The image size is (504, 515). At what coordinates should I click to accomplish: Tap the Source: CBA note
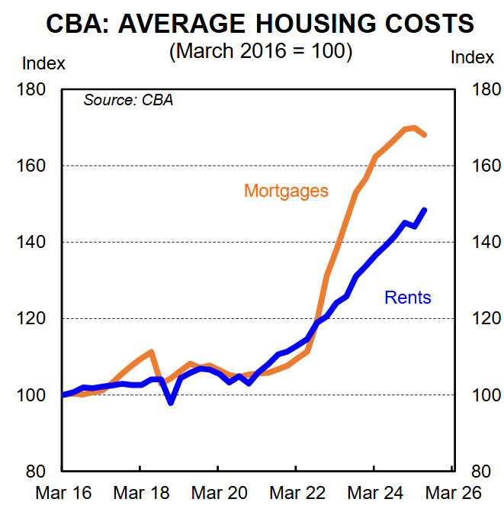128,100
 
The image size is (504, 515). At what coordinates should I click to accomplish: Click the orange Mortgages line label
286,191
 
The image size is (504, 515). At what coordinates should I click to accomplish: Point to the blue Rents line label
408,298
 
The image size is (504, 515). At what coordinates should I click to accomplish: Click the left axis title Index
44,63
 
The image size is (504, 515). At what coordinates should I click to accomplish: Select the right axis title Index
473,57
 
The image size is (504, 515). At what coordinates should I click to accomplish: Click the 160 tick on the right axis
486,166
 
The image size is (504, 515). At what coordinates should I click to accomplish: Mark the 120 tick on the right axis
486,319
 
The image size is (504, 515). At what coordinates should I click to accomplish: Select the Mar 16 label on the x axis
63,493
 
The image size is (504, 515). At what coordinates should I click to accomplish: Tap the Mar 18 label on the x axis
141,493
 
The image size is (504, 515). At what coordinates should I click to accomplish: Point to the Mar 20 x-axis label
219,493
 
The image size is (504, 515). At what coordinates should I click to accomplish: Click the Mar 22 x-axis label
297,493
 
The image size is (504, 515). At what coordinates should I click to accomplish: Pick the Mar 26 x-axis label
452,493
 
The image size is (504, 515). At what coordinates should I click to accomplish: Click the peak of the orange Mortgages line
413,127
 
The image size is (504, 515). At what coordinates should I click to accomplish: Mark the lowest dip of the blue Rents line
170,402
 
